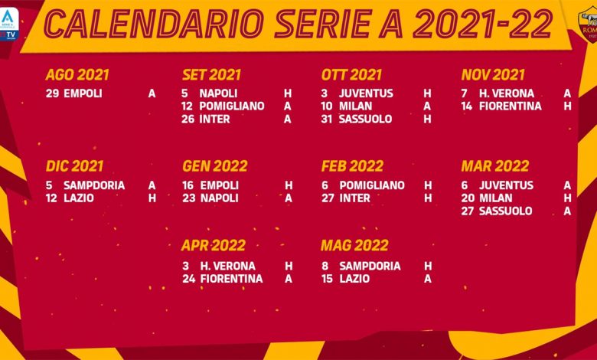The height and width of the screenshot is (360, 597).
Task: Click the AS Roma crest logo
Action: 586,25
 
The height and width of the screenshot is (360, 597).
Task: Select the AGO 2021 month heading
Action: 77,75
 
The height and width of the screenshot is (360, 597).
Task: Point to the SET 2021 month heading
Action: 211,75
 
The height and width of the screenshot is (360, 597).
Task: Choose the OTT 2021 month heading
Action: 351,75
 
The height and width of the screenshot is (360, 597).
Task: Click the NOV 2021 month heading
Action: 492,75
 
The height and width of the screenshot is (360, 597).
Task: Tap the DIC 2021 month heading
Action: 74,166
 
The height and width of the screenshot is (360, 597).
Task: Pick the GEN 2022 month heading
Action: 214,166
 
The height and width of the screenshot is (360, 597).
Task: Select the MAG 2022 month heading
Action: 354,246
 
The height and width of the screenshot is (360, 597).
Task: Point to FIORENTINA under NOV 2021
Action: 511,106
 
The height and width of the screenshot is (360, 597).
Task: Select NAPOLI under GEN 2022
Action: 219,198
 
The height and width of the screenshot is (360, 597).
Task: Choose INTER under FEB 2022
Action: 354,198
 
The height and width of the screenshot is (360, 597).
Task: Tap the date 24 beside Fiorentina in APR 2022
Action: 188,279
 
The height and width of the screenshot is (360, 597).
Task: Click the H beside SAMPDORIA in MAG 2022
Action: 428,266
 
